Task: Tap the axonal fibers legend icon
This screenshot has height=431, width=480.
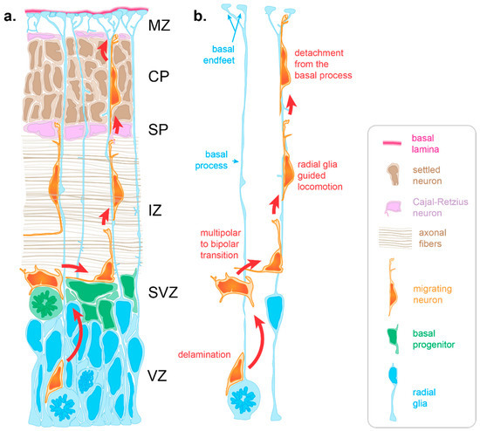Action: [390, 240]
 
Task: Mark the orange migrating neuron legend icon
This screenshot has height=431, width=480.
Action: [389, 288]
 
